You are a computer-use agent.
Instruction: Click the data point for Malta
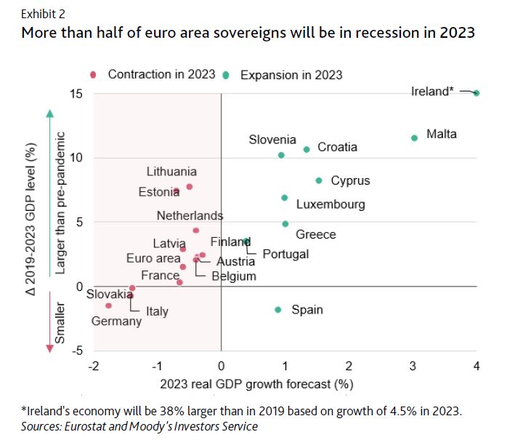414,137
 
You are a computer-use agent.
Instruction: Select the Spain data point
277,309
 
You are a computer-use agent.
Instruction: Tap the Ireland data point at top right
476,92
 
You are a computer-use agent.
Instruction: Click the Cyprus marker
318,180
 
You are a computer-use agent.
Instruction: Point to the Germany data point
108,305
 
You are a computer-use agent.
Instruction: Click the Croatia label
338,147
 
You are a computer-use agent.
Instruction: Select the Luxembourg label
330,205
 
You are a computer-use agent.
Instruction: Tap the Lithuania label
171,172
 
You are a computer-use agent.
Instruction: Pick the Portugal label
285,254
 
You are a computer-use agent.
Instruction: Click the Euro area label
153,258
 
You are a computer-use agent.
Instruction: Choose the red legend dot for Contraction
93,74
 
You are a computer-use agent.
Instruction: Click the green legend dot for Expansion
226,74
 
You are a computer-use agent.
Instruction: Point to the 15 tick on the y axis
76,94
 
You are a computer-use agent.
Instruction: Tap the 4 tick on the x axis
476,365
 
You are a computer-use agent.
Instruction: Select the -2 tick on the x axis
93,365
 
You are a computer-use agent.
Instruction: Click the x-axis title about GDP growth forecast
284,383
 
